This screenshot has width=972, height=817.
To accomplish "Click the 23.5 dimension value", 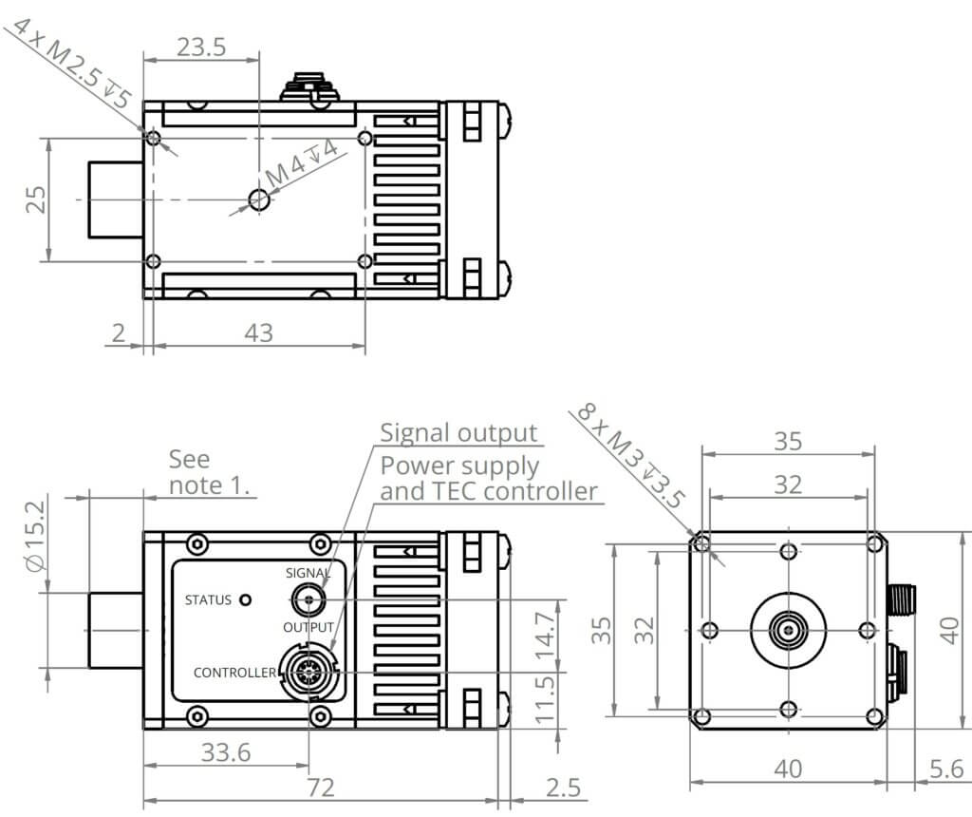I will [200, 47].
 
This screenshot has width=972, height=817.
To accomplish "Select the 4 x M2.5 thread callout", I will [71, 59].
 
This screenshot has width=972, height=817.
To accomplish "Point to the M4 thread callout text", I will [301, 162].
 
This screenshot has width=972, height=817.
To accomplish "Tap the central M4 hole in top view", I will [258, 199].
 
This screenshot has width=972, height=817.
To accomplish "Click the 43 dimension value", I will [258, 332].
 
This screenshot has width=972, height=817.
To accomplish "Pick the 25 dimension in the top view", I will [35, 199].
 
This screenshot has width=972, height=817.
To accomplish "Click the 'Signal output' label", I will [458, 433].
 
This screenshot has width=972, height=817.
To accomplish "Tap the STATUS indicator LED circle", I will [247, 599].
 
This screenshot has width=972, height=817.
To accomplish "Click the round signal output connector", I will [308, 599].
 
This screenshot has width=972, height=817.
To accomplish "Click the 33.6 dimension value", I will [226, 753].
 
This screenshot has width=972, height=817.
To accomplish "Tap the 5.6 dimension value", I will [944, 768].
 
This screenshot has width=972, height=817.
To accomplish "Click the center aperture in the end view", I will [788, 629].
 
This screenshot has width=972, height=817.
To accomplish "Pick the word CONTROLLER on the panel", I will [234, 673].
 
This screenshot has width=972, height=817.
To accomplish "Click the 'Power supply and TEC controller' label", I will [488, 479].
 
